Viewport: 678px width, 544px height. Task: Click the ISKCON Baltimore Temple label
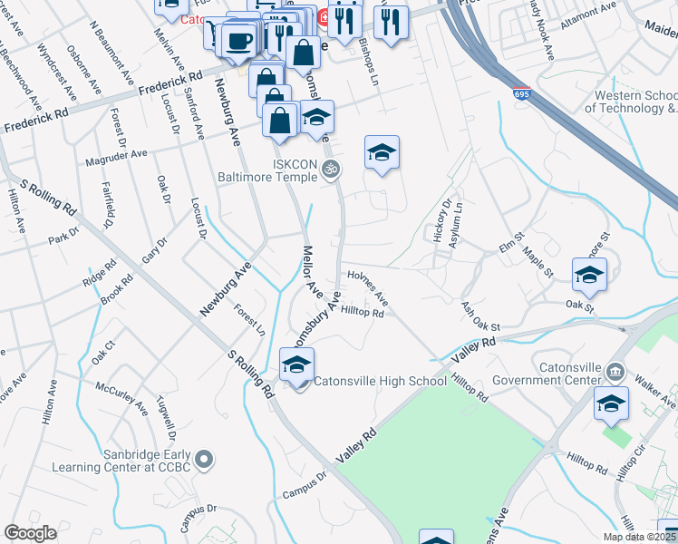(272, 170)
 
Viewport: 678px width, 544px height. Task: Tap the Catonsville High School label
(380, 381)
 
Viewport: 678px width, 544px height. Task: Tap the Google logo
(30, 533)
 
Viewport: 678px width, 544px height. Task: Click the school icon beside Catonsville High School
(296, 365)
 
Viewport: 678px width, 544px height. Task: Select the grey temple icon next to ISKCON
(332, 169)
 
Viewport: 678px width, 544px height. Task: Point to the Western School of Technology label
(634, 102)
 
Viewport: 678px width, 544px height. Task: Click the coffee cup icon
(239, 41)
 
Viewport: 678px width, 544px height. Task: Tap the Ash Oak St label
(480, 316)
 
